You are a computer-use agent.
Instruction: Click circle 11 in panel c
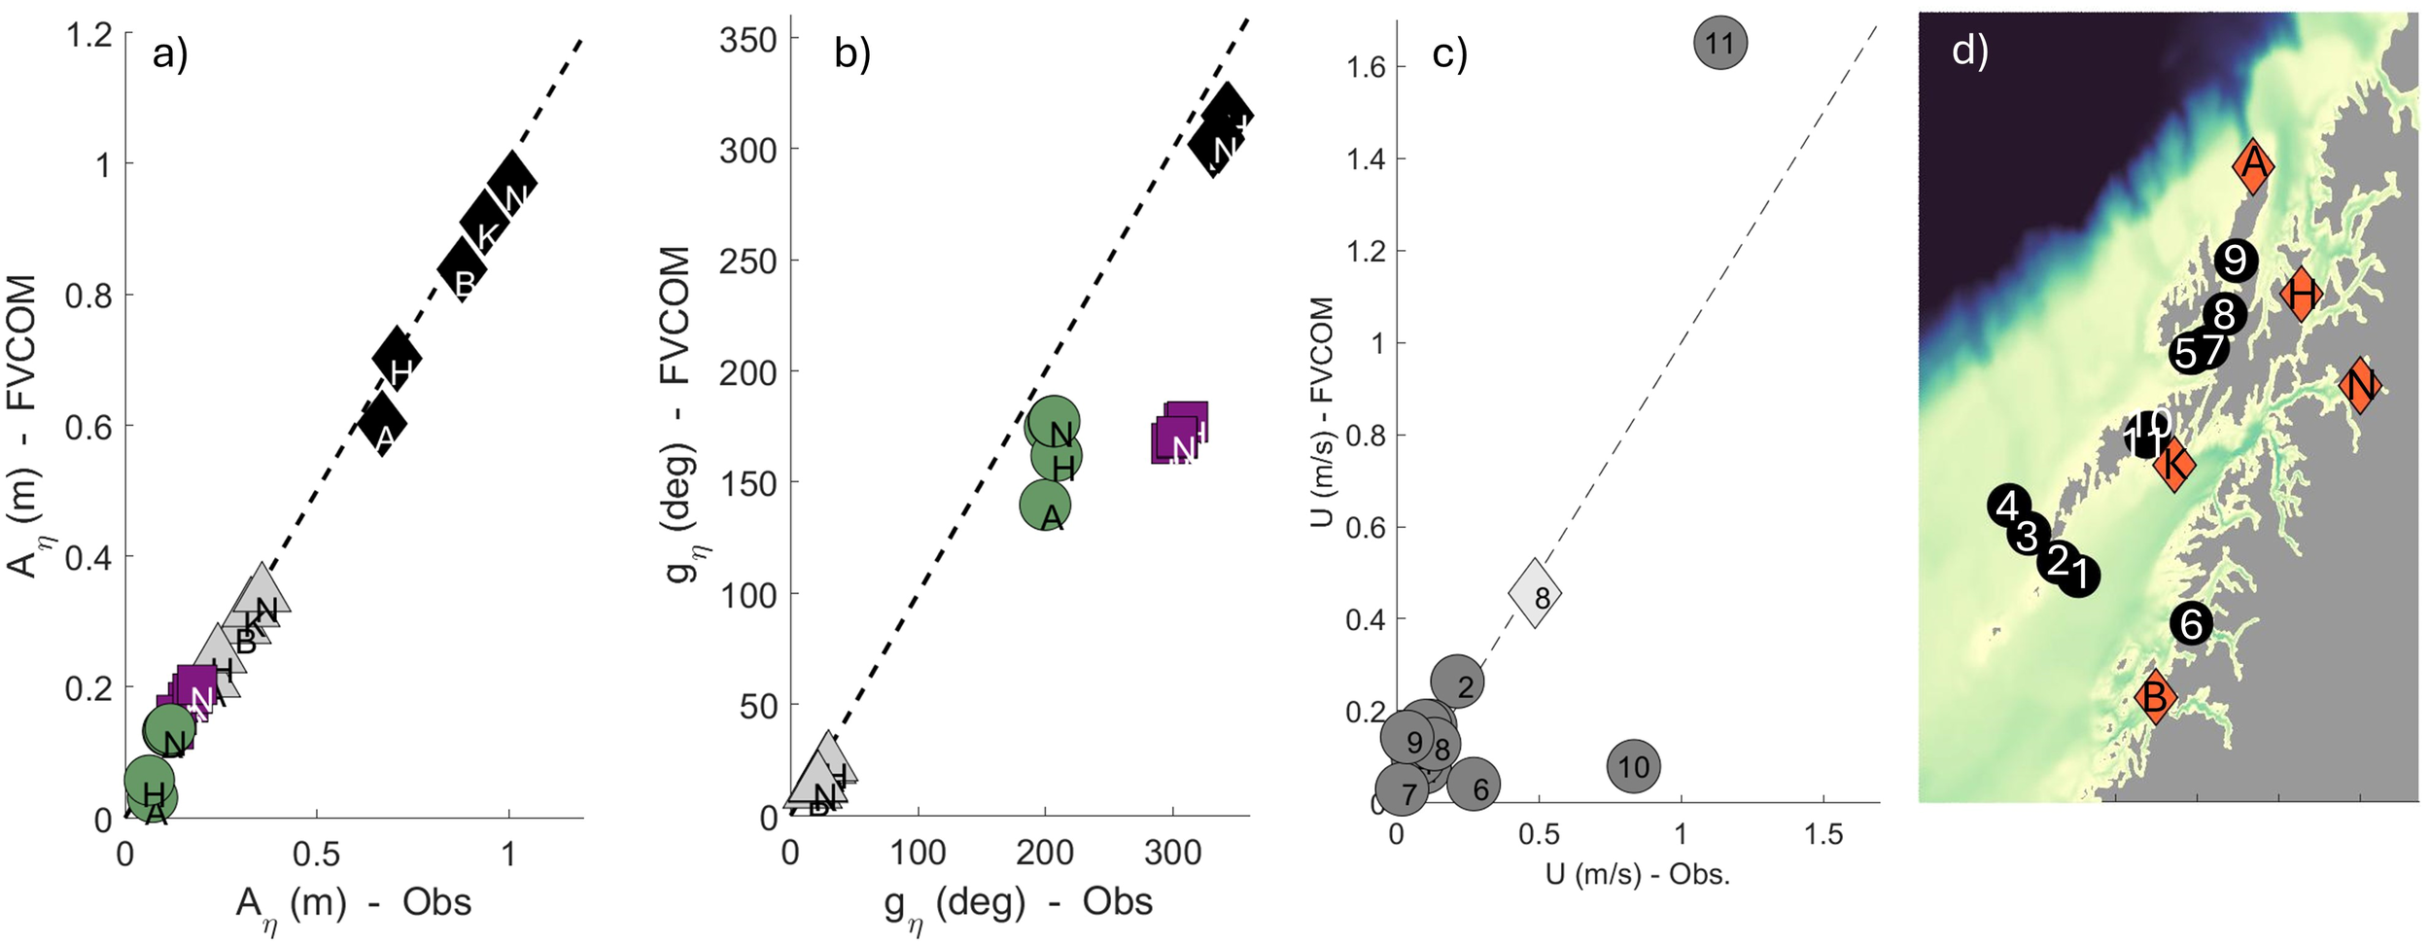(x=1719, y=43)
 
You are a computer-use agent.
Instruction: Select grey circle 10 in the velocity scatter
(x=1633, y=767)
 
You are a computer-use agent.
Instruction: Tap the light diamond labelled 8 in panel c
(x=1535, y=593)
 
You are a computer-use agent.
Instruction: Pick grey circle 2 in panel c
(x=1457, y=682)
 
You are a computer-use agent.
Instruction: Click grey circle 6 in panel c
(x=1474, y=786)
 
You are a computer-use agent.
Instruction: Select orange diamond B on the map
(x=2155, y=696)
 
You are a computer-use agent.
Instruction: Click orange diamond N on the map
(x=2360, y=386)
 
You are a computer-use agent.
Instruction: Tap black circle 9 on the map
(x=2235, y=260)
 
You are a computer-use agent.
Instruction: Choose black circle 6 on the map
(x=2192, y=623)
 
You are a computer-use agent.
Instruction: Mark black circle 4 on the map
(x=2008, y=506)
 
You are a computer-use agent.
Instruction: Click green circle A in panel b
(x=1045, y=506)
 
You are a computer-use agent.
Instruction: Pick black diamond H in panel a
(x=397, y=359)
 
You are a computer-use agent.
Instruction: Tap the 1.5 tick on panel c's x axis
(x=1822, y=834)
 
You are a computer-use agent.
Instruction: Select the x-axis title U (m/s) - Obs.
(x=1637, y=874)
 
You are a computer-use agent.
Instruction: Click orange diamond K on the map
(x=2174, y=464)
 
